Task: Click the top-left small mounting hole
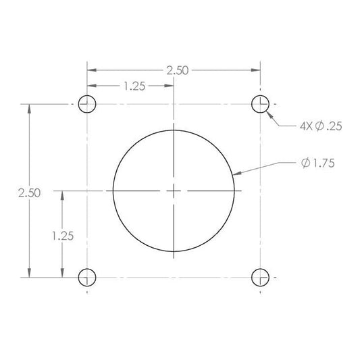[x=87, y=104]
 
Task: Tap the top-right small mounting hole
[x=261, y=104]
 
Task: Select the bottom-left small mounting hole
[x=87, y=277]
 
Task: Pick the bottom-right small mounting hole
[x=261, y=277]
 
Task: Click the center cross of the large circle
[x=174, y=191]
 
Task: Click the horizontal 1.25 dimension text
[x=132, y=86]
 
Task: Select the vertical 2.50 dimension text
[x=29, y=192]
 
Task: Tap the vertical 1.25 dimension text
[x=62, y=236]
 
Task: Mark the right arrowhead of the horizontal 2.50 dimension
[x=257, y=70]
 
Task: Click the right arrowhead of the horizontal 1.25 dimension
[x=170, y=86]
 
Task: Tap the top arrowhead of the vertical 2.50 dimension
[x=29, y=108]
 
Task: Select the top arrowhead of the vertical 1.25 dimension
[x=62, y=195]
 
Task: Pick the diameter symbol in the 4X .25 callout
[x=319, y=126]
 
